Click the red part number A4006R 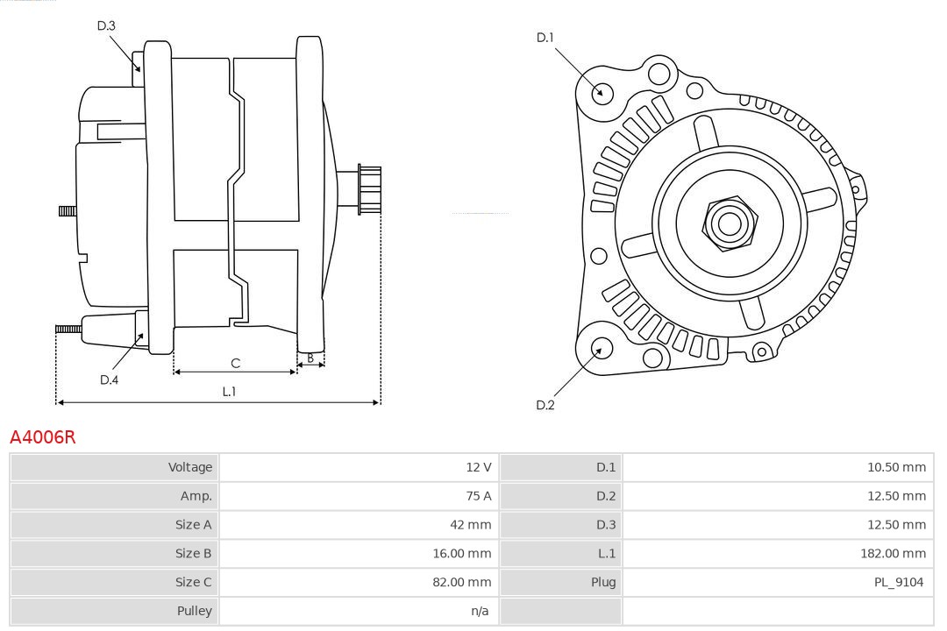(43, 436)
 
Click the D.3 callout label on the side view (106, 25)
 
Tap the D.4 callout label (109, 379)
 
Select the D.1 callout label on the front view (545, 37)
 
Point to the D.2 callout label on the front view (545, 405)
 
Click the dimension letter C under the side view (235, 363)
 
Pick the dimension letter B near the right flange (310, 358)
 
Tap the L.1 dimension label (229, 392)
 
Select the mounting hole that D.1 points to (602, 92)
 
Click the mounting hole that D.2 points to (601, 349)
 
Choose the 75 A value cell (479, 496)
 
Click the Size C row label (193, 582)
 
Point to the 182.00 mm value (894, 553)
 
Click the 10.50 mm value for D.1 (896, 467)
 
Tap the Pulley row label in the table (194, 611)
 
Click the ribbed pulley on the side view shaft (368, 189)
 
